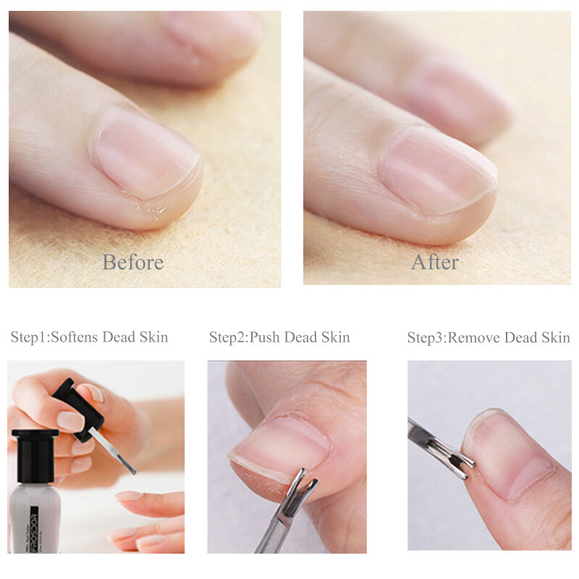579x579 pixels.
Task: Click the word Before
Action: pos(132,261)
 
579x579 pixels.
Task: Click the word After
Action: pos(434,261)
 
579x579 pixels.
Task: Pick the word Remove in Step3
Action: pos(472,337)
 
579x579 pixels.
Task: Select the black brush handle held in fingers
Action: pos(80,409)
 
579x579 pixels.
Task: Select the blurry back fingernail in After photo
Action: pos(456,94)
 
